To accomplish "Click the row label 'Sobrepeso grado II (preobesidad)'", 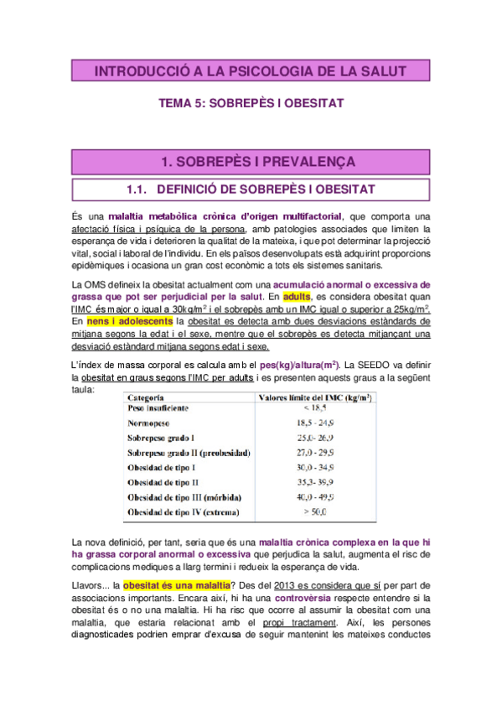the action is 189,452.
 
